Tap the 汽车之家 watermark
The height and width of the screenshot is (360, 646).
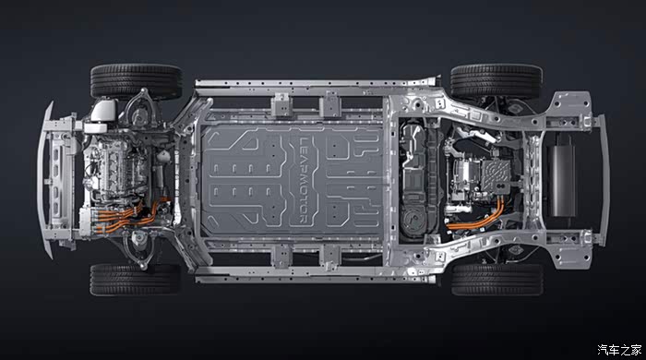[x=619, y=350]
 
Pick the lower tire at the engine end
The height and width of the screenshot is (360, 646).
[x=135, y=280]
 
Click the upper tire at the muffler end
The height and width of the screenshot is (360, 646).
[x=496, y=80]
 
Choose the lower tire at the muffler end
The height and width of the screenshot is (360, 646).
[x=497, y=280]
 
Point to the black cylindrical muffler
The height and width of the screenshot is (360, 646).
[x=561, y=175]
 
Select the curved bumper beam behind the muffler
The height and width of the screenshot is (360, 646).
[x=604, y=180]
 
